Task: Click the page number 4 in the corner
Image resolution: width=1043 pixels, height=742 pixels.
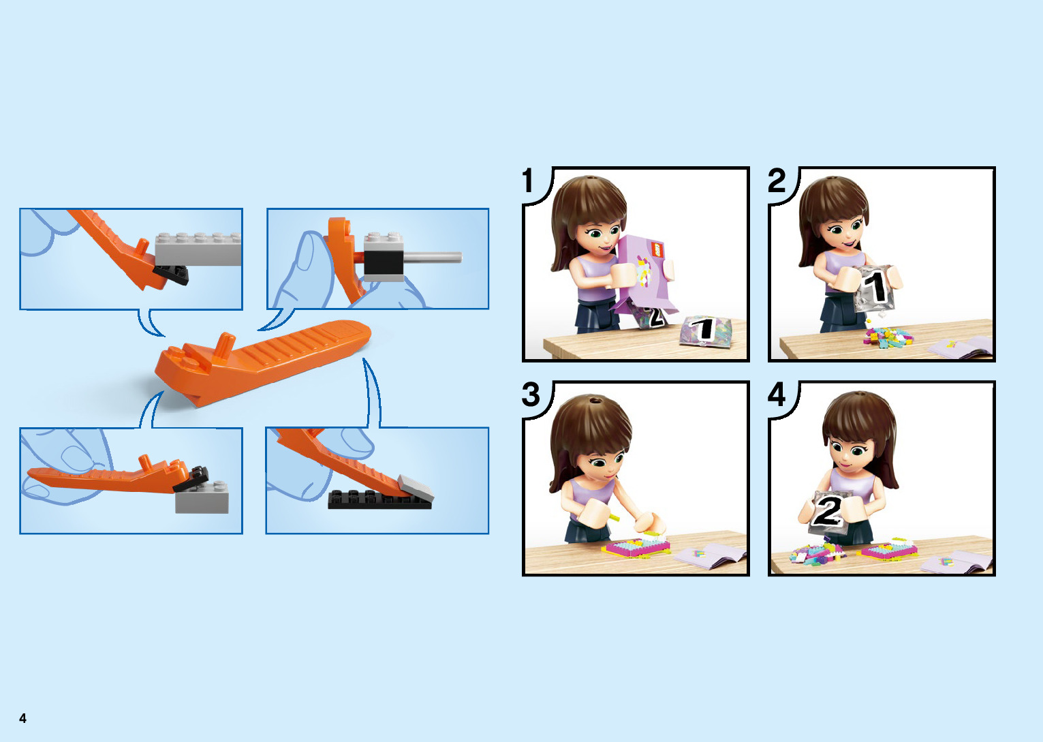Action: tap(22, 717)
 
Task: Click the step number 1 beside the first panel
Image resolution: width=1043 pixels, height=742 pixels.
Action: tap(527, 181)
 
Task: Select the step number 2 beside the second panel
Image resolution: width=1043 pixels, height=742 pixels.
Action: tap(776, 181)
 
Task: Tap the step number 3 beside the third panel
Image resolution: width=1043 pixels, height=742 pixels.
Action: tap(531, 395)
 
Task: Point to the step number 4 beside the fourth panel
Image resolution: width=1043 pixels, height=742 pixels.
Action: tap(776, 395)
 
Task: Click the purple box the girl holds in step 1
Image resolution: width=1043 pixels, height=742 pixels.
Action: tap(645, 275)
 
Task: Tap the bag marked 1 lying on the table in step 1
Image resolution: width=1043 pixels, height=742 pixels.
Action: tap(705, 330)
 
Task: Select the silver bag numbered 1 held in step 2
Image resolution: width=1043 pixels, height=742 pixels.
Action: tap(875, 289)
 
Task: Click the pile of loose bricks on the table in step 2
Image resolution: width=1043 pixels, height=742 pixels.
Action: tap(887, 337)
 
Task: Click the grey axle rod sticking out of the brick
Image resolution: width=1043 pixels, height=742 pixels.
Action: tap(433, 257)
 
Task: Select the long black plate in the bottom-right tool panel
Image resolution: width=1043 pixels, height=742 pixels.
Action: tap(379, 499)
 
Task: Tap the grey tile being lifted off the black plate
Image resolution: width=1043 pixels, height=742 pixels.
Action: tap(416, 488)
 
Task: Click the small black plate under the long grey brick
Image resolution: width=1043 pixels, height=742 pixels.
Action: tap(171, 275)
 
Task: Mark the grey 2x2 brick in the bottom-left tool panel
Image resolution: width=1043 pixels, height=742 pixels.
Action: tap(202, 497)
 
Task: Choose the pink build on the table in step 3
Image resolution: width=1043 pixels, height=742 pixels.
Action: tap(636, 546)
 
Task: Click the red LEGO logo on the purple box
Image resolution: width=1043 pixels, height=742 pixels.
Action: tap(657, 249)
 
